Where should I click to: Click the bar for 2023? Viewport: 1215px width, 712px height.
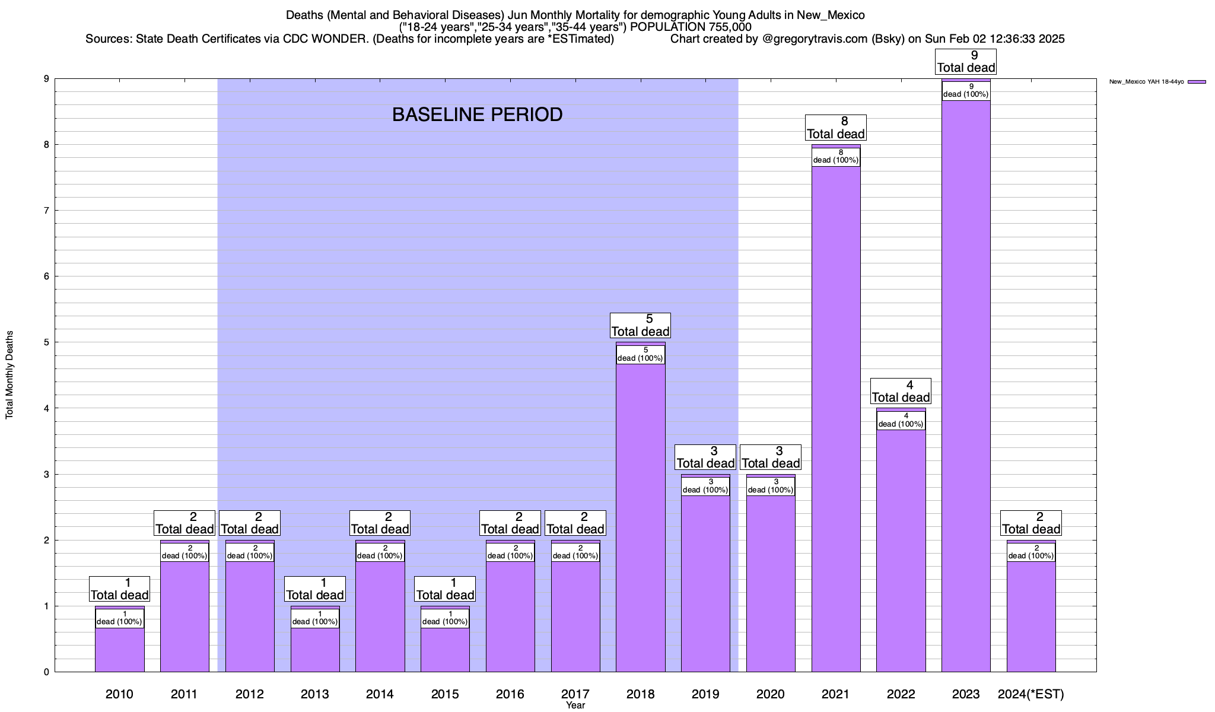tap(966, 386)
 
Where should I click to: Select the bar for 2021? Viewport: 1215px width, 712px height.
tap(836, 415)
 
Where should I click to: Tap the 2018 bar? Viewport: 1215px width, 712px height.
tap(640, 516)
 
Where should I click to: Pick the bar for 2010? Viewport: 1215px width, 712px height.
tap(119, 650)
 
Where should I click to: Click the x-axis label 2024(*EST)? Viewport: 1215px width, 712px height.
tap(1031, 694)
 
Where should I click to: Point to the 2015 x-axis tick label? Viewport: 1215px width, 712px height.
tap(445, 694)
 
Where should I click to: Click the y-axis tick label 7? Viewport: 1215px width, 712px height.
tap(45, 211)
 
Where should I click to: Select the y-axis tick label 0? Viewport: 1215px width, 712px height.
tap(45, 672)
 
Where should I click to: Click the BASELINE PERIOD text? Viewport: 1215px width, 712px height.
tap(477, 115)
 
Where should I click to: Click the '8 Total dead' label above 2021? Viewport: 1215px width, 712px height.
tap(836, 128)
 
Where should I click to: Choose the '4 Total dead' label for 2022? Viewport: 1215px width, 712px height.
tap(901, 392)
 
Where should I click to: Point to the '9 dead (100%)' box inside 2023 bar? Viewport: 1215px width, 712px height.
tap(966, 91)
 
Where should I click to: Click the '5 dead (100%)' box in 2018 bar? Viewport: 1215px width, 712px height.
tap(640, 355)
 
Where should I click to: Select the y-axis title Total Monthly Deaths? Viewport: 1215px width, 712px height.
tap(9, 375)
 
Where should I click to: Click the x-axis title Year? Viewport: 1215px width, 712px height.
tap(575, 705)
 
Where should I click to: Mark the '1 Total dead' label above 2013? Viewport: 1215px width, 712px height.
tap(315, 589)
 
